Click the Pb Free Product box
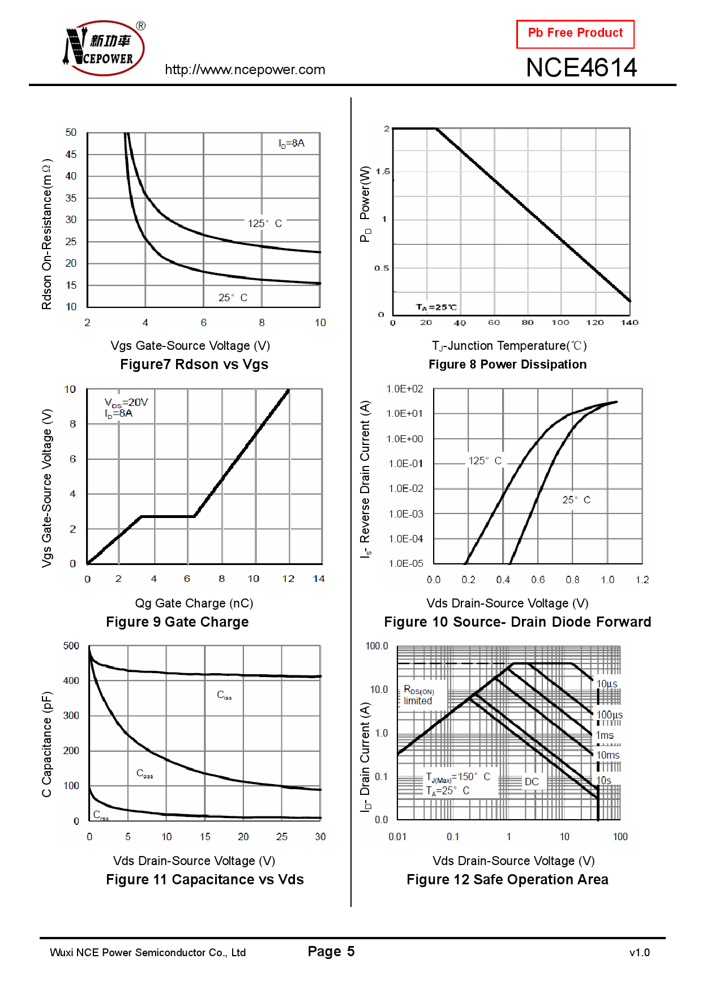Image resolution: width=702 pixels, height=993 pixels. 575,34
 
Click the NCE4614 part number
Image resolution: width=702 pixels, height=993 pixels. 581,68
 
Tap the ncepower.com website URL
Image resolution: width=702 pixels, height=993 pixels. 245,70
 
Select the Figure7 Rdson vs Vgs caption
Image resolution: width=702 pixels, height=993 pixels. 194,365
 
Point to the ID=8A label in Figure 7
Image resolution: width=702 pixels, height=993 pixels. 291,144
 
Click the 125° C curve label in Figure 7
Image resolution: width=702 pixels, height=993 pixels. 264,224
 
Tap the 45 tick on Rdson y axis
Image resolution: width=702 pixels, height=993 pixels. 71,155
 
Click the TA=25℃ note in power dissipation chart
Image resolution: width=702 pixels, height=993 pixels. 436,307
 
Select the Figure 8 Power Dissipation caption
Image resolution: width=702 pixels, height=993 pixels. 507,365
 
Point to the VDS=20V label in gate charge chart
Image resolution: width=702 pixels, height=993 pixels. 126,403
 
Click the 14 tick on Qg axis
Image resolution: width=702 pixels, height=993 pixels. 319,579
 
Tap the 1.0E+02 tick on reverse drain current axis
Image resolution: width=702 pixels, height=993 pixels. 404,389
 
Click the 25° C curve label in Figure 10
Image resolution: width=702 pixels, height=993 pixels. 576,500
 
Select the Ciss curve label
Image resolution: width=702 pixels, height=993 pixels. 224,695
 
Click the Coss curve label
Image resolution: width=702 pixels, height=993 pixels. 144,774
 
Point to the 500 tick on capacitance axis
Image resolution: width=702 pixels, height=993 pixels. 71,646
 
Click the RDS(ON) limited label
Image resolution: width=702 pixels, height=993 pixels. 418,695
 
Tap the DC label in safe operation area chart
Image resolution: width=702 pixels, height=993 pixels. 532,782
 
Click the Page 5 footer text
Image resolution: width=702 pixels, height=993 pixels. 331,952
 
